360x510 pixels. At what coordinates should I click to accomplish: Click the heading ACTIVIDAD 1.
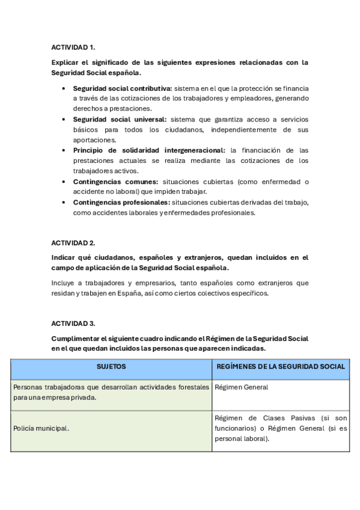click(x=73, y=46)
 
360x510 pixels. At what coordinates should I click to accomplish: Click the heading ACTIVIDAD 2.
click(x=73, y=243)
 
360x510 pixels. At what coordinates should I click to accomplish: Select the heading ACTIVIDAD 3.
click(x=73, y=323)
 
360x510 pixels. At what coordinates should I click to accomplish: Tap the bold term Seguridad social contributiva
click(x=122, y=88)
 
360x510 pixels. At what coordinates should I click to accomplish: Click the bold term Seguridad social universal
click(x=120, y=119)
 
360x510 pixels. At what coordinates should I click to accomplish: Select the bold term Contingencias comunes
click(x=115, y=181)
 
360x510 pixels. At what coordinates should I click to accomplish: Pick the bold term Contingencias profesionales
click(x=121, y=202)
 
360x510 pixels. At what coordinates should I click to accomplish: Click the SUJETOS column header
click(x=111, y=366)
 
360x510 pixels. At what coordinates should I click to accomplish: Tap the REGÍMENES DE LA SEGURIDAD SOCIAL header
click(x=280, y=366)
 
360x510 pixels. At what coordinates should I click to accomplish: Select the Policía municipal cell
click(x=41, y=428)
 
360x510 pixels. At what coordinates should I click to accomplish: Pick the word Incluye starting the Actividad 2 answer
click(x=64, y=283)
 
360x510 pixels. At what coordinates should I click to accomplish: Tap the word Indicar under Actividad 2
click(x=64, y=257)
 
